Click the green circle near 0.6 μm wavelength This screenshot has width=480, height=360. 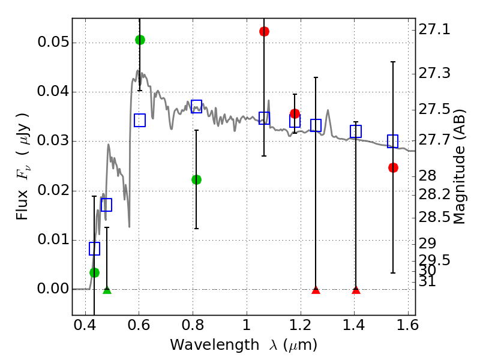[x=140, y=40]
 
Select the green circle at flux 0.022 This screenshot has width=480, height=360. [x=196, y=179]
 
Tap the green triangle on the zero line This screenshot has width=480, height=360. [x=107, y=290]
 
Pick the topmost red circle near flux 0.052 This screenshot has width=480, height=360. [x=264, y=31]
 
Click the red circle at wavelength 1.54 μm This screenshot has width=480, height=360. [x=393, y=167]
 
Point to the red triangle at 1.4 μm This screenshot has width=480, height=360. [x=356, y=290]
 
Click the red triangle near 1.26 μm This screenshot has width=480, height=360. [x=316, y=290]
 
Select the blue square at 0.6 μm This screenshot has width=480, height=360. [x=140, y=120]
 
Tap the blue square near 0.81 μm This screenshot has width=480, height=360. [x=196, y=107]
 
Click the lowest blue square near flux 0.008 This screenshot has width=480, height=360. [x=94, y=248]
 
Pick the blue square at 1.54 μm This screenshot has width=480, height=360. [x=393, y=141]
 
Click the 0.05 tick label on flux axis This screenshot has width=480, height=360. [x=52, y=43]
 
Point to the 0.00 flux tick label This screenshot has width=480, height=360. [x=52, y=289]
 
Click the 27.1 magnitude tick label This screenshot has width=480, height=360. [x=436, y=29]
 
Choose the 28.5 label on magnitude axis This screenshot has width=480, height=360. [x=436, y=217]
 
